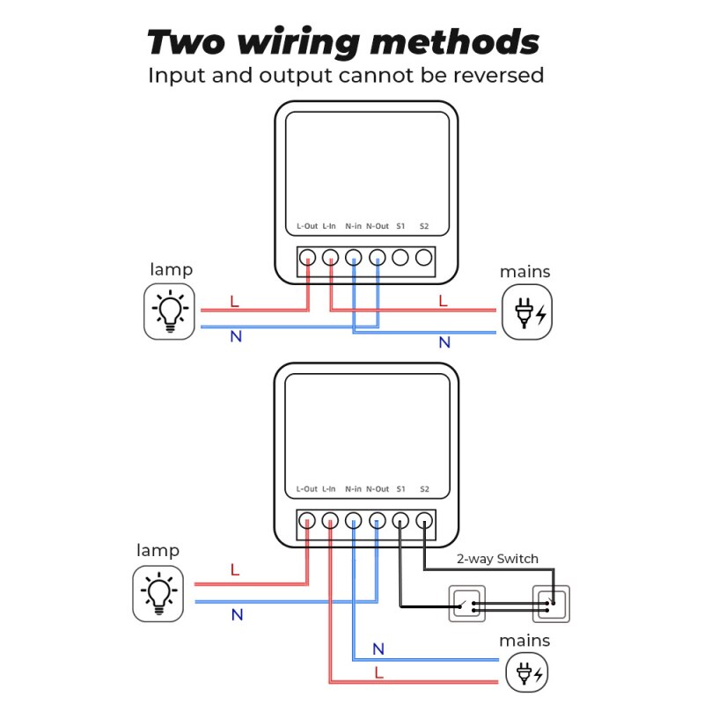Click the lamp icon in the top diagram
(170, 312)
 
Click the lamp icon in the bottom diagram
(158, 591)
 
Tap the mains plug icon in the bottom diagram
(525, 675)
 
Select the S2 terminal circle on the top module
(424, 258)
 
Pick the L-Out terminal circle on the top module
(307, 258)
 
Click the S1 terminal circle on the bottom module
(400, 520)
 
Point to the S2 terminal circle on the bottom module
(424, 520)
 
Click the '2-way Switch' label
(497, 559)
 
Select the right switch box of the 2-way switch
(551, 605)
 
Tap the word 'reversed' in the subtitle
(499, 76)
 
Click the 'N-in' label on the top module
(354, 226)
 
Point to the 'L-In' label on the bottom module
(329, 488)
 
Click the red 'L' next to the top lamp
(234, 301)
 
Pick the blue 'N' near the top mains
(444, 341)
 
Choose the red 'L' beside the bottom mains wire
(378, 672)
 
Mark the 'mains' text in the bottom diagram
(524, 640)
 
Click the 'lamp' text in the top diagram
(171, 269)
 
